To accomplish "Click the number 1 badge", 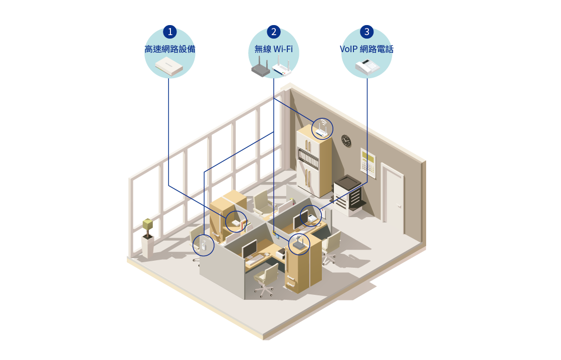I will pyautogui.click(x=170, y=32).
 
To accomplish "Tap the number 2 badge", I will pyautogui.click(x=273, y=32).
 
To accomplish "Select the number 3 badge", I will pyautogui.click(x=367, y=32).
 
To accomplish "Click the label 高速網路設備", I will pyautogui.click(x=170, y=49).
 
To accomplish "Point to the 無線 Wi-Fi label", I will pyautogui.click(x=273, y=49).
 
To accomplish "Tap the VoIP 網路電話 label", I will pyautogui.click(x=367, y=49).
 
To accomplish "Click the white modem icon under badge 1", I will pyautogui.click(x=170, y=66).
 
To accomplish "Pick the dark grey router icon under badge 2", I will pyautogui.click(x=260, y=67).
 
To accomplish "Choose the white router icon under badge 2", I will pyautogui.click(x=282, y=67).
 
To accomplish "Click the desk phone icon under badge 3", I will pyautogui.click(x=366, y=67).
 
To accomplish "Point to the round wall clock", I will pyautogui.click(x=346, y=140).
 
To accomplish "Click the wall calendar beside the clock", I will pyautogui.click(x=368, y=161).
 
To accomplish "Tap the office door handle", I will pyautogui.click(x=399, y=205).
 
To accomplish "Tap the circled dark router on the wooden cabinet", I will pyautogui.click(x=299, y=244).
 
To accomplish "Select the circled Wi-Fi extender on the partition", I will pyautogui.click(x=204, y=246).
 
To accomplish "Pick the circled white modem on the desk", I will pyautogui.click(x=236, y=222).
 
